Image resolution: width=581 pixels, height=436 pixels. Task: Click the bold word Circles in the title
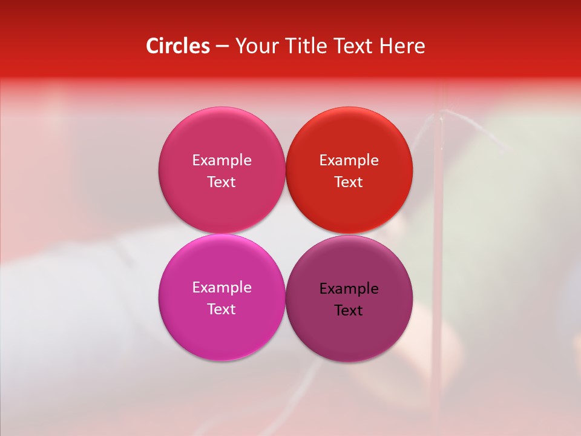pyautogui.click(x=178, y=46)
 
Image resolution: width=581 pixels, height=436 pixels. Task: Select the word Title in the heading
pyautogui.click(x=307, y=46)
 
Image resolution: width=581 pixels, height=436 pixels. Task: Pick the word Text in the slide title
pyautogui.click(x=353, y=46)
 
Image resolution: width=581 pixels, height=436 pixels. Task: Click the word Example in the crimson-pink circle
pyautogui.click(x=222, y=160)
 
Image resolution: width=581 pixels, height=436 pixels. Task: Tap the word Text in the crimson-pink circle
pyautogui.click(x=222, y=182)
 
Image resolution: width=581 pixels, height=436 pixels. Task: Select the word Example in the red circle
pyautogui.click(x=349, y=160)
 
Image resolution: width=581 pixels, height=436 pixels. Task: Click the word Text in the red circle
pyautogui.click(x=349, y=182)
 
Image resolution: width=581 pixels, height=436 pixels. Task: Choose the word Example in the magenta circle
pyautogui.click(x=222, y=287)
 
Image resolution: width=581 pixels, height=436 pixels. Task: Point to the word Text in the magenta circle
pyautogui.click(x=222, y=309)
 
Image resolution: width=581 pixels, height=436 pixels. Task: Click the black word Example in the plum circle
pyautogui.click(x=349, y=288)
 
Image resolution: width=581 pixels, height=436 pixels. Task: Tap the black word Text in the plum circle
pyautogui.click(x=349, y=310)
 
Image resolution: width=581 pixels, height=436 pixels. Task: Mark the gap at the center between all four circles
pyautogui.click(x=285, y=234)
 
